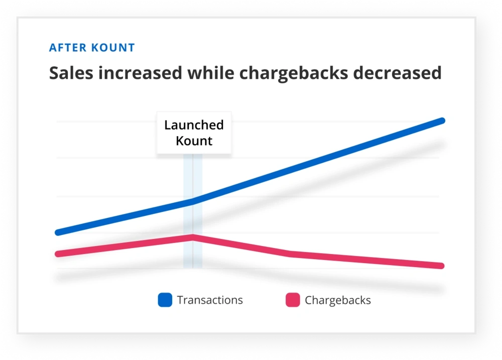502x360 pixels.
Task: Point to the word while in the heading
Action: (x=210, y=73)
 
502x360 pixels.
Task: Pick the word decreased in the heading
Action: (x=398, y=73)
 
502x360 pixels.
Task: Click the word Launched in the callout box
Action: (x=194, y=125)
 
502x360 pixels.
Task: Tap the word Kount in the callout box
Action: (x=194, y=141)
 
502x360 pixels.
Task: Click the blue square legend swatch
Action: (x=165, y=300)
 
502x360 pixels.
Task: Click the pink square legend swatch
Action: (x=293, y=300)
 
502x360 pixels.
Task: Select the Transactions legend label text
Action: (x=210, y=300)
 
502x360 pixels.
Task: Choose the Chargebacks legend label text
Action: (x=338, y=300)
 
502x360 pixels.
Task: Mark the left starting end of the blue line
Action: (x=58, y=232)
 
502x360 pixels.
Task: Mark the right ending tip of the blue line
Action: (x=442, y=121)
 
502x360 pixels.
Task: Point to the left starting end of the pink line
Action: (x=58, y=254)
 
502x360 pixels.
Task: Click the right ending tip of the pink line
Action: (x=441, y=266)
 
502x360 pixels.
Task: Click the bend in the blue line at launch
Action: (x=193, y=201)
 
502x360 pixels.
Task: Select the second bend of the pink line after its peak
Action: (x=290, y=254)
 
